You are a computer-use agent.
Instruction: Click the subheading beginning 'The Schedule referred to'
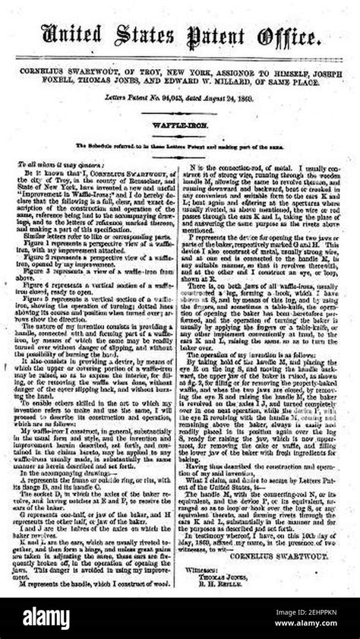tap(180, 144)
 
